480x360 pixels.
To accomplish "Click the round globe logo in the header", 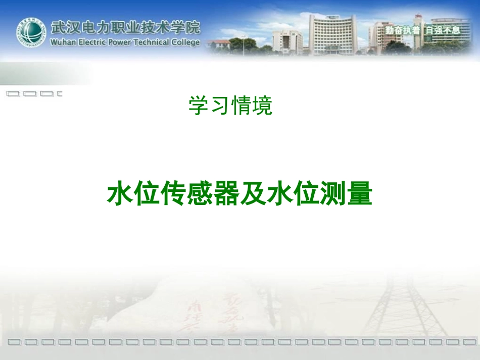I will point(31,33).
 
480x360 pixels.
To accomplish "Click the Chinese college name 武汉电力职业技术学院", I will point(125,27).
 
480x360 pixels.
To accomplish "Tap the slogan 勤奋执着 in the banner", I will point(402,30).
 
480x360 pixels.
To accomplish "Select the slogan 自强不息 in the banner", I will point(443,30).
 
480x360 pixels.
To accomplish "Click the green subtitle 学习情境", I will point(231,106).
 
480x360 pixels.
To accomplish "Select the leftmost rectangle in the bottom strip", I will point(15,342).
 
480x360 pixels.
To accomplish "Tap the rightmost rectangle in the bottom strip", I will point(467,342).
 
